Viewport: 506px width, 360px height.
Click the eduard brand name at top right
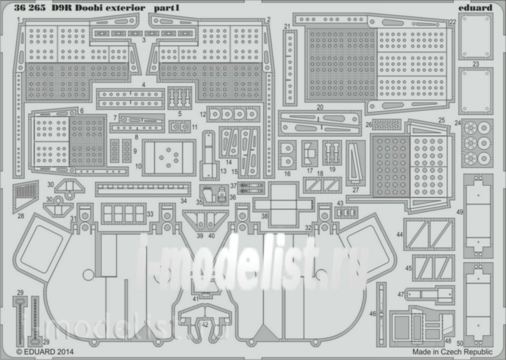[x=475, y=7]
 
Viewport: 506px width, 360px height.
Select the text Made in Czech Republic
[x=452, y=352]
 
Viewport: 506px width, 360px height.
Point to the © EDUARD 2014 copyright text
[x=45, y=352]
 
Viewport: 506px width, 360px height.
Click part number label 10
[x=138, y=166]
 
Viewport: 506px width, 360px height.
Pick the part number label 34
[x=184, y=201]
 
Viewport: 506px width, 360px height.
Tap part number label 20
[x=320, y=107]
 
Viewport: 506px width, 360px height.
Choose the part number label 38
[x=264, y=216]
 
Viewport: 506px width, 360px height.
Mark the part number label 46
[x=373, y=314]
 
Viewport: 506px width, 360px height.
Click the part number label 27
[x=355, y=190]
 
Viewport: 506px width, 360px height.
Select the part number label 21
[x=287, y=27]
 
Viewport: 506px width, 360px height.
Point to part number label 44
[x=399, y=234]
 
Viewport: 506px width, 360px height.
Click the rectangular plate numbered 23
[x=476, y=91]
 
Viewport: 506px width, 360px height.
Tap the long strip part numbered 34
[x=143, y=189]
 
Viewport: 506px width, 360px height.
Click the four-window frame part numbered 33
[x=124, y=214]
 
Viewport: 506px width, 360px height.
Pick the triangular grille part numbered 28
[x=26, y=197]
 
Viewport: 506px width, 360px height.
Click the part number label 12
[x=203, y=114]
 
